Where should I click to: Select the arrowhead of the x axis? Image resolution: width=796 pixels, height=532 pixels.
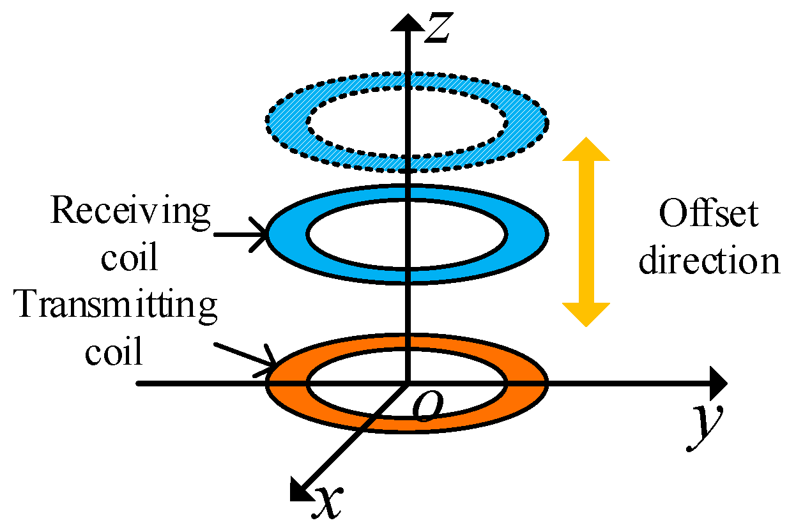(300, 489)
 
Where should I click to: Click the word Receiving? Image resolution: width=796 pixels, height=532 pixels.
(130, 211)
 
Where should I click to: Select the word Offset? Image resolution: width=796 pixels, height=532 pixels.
(708, 215)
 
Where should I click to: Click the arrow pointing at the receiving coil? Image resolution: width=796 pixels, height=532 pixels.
(243, 235)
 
